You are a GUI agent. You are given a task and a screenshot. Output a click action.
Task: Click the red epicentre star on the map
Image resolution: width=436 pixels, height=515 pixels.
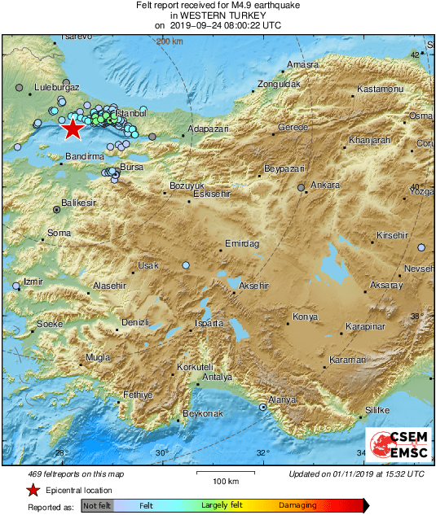point(73,129)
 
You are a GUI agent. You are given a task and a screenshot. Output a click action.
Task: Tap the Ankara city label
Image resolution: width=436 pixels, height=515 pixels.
point(325,185)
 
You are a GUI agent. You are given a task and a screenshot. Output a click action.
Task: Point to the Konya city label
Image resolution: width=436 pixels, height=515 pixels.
point(305,316)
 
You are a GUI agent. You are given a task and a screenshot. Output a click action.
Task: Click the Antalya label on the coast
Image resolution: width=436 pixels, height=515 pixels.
point(217,378)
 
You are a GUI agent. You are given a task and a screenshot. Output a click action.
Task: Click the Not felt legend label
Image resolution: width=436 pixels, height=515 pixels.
point(97,505)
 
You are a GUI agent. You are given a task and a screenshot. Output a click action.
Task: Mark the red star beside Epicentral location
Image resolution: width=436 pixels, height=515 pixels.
point(33,491)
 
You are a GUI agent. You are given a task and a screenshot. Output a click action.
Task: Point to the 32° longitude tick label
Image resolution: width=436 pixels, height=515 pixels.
point(262,453)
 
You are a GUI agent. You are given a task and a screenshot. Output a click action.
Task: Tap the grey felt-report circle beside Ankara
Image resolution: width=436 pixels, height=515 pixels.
point(302,188)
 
